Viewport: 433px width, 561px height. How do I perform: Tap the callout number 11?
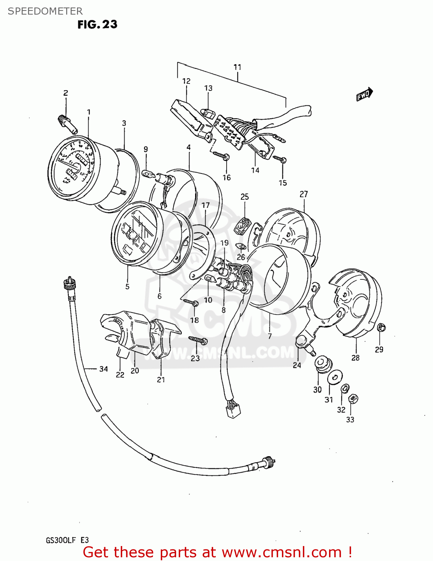pos(237,67)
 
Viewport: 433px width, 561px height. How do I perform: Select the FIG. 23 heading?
pos(97,24)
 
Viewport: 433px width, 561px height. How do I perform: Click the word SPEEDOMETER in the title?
pos(45,11)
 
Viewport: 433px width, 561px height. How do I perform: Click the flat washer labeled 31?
pos(335,377)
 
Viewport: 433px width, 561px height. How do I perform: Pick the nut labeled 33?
pos(352,399)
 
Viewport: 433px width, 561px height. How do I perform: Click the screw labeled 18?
pos(191,302)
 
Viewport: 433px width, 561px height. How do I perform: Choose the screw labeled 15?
pos(280,159)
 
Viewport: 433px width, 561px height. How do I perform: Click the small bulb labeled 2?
pos(67,123)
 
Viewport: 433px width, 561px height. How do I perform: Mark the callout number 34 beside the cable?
pos(104,369)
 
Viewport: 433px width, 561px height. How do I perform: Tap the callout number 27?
pos(304,194)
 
